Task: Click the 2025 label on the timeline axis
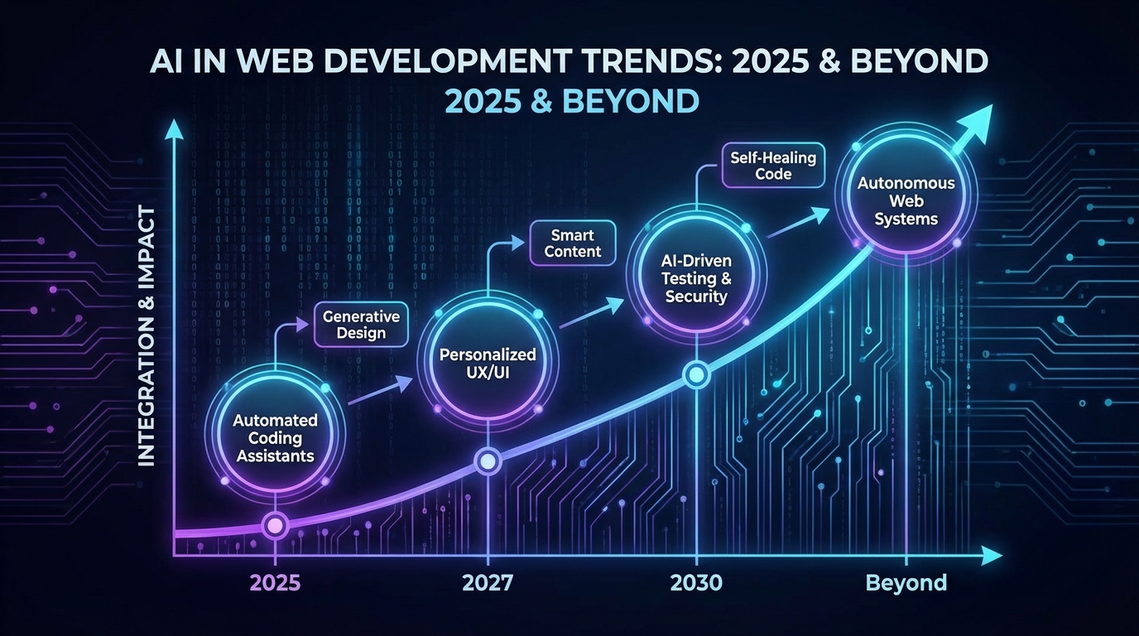[276, 583]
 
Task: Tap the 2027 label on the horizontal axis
[488, 583]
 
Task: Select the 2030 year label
[696, 583]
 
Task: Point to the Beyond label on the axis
[906, 583]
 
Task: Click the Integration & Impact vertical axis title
[147, 336]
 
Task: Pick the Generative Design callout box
[361, 325]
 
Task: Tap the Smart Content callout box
[573, 243]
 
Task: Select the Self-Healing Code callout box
[773, 166]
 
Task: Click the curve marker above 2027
[488, 461]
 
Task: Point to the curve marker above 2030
[696, 375]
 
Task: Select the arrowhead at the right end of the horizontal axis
[992, 555]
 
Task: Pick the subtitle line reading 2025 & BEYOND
[571, 101]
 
